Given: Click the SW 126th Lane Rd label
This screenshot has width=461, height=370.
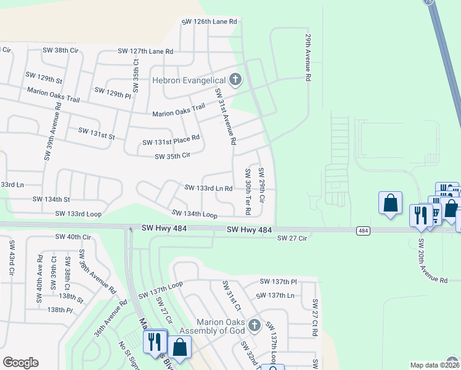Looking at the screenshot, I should (209, 22).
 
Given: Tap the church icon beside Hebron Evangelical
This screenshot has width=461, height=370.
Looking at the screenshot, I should (234, 79).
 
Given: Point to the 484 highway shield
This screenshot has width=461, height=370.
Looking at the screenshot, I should (363, 231).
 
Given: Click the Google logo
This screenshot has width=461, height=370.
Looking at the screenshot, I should (20, 363).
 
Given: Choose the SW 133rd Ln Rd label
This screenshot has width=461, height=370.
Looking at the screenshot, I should (208, 188).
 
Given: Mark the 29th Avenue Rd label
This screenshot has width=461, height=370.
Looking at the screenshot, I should (306, 57).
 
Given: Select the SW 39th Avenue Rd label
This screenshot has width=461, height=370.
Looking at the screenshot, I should (52, 131).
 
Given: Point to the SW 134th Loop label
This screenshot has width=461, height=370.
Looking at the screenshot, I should (194, 214).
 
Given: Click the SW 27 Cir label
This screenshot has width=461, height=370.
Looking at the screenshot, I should (292, 238).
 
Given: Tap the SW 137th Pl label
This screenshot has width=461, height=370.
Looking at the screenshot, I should (278, 281).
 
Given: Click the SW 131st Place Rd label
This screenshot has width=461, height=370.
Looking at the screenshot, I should (171, 140).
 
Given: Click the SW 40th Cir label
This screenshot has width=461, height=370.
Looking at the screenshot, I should (73, 237).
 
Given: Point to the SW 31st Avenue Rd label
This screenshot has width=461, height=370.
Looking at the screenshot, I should (225, 116).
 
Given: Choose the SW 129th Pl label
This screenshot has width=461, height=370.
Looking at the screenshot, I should (113, 92).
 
